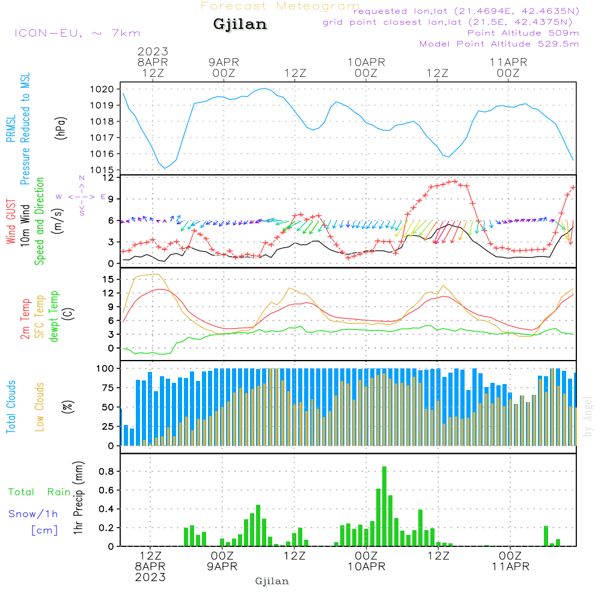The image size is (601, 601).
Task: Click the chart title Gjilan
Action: pos(240,25)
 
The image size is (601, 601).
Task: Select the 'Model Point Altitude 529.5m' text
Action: pos(499,44)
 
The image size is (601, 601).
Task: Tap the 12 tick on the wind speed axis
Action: pos(108,178)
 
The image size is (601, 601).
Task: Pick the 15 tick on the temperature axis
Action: pos(108,279)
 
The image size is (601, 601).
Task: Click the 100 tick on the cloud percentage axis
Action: pos(105,368)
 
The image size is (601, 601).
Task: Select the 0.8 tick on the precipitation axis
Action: pos(106,471)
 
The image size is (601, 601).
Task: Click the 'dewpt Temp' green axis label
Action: pos(54,317)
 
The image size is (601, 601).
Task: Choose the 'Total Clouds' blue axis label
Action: pos(11,407)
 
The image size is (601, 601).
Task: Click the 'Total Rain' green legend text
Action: pos(40,492)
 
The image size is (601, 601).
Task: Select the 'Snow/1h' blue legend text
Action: pos(34,514)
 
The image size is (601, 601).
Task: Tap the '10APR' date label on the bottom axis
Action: pos(366,567)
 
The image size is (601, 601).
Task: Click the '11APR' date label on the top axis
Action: pos(508,62)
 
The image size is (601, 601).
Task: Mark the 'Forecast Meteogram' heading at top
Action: pos(280,6)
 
